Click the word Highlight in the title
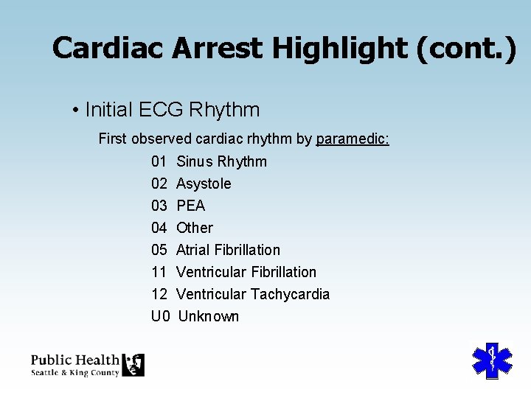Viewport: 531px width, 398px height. click(339, 49)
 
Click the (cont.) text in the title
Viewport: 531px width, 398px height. click(466, 49)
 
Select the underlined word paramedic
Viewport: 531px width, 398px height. click(353, 139)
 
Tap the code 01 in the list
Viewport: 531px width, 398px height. click(159, 161)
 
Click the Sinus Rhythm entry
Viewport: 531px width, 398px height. click(221, 161)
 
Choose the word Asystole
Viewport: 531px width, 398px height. click(204, 184)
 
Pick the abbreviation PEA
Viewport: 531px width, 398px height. click(190, 206)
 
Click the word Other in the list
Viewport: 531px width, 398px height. click(195, 228)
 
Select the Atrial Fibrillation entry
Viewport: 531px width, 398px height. click(228, 250)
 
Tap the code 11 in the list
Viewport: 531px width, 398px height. click(159, 272)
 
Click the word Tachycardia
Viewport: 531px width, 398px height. click(290, 294)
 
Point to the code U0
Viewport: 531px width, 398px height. click(161, 316)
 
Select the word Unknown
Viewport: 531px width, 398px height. click(209, 316)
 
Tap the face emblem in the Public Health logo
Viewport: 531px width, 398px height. click(133, 364)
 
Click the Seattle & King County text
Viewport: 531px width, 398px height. click(75, 372)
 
